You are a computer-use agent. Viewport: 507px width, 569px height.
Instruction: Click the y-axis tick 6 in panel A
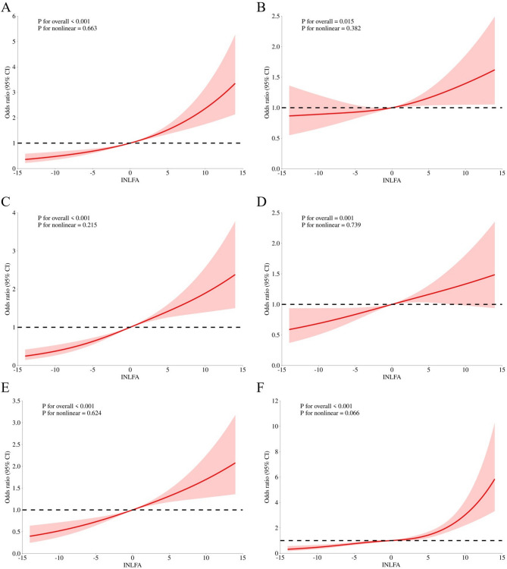click(x=16, y=14)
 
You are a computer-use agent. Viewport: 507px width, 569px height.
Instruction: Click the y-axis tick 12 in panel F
click(x=274, y=401)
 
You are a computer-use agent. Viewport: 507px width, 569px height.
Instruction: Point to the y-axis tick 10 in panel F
click(x=274, y=426)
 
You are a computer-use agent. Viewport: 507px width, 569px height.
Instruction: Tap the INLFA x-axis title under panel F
click(x=391, y=566)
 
